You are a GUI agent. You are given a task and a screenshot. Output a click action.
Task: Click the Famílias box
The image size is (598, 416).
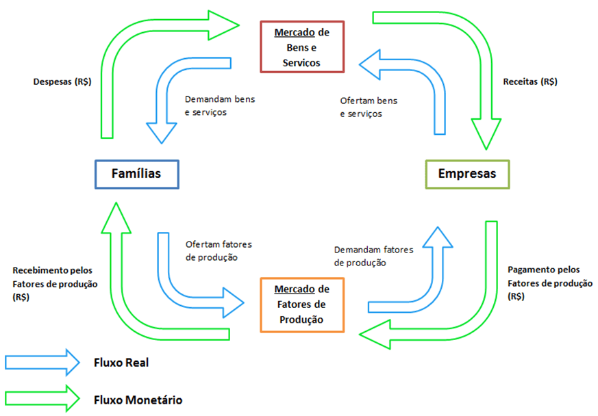[x=136, y=173]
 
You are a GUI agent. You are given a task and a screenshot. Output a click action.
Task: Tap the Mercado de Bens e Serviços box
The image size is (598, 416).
[x=302, y=47]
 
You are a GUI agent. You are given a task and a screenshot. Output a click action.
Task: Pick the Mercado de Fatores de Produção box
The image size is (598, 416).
[x=302, y=304]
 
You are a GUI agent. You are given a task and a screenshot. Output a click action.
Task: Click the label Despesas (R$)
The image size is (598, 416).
[x=62, y=81]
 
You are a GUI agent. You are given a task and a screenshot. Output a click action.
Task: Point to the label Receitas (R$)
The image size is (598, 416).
[x=530, y=81]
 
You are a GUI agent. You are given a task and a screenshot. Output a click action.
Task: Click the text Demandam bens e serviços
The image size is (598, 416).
[x=220, y=105]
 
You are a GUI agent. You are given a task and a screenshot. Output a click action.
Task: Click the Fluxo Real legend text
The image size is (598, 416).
[x=121, y=363]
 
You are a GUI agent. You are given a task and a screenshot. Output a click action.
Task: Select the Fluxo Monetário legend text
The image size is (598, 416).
[x=138, y=399]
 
